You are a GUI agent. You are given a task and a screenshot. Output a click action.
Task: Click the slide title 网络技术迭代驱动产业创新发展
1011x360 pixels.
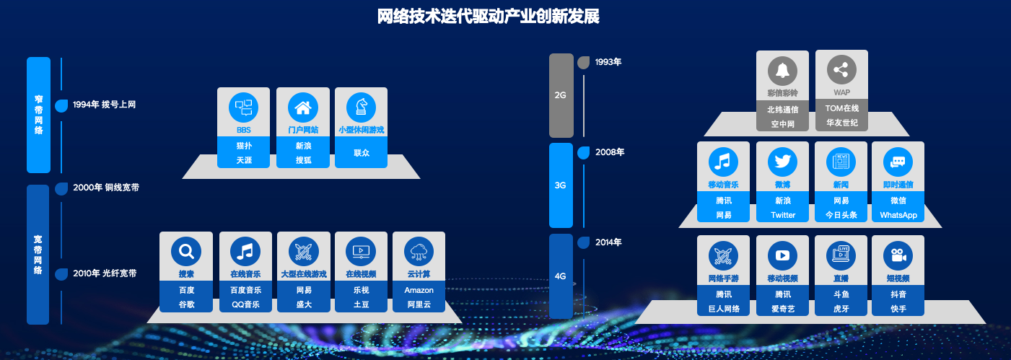coord(489,17)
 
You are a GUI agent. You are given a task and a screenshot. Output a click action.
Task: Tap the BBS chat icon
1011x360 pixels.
coord(244,107)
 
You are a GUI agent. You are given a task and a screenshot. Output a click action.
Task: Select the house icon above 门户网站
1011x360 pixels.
coord(303,107)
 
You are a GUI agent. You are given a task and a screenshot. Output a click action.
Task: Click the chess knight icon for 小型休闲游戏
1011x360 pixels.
coord(361,107)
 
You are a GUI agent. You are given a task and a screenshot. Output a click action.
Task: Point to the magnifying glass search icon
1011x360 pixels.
coord(186,251)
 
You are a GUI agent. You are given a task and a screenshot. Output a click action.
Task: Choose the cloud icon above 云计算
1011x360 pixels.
coord(419,251)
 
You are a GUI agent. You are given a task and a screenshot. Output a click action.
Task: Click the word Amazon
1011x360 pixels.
coord(419,290)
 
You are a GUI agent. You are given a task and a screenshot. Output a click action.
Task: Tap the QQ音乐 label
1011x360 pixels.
coord(245,304)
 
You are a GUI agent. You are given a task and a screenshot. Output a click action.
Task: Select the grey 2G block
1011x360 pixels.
coord(561,95)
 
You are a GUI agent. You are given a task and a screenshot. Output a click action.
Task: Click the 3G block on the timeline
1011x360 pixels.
coord(561,185)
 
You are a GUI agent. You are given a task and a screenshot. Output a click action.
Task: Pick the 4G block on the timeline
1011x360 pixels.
coord(561,276)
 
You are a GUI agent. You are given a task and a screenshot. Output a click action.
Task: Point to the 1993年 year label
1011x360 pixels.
coord(608,62)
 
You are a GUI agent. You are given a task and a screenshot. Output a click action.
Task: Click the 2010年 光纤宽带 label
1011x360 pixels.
coord(105,273)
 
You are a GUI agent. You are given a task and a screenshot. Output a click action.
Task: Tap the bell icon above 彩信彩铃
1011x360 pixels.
coord(783,71)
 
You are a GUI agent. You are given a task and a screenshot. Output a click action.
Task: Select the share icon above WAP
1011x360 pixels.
coord(841,70)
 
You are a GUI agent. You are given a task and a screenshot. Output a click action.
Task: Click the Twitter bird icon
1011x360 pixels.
coord(783,162)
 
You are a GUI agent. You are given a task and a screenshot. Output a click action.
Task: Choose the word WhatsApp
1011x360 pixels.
coord(898,215)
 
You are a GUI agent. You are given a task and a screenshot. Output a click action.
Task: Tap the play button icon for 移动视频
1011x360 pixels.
coord(783,255)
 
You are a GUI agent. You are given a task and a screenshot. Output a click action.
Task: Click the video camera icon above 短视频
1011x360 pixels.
coord(898,255)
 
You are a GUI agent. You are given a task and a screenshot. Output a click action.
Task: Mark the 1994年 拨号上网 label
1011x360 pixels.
coord(104,105)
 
